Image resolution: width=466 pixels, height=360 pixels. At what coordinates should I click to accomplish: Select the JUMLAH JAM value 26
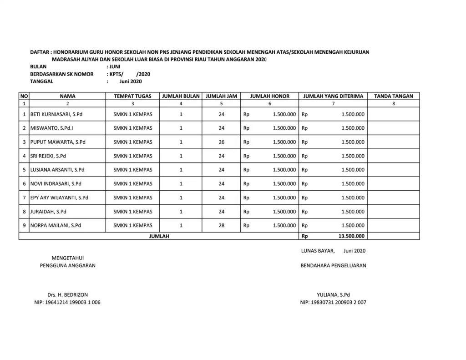coord(221,142)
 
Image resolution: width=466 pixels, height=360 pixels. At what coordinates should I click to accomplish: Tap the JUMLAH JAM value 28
coord(221,225)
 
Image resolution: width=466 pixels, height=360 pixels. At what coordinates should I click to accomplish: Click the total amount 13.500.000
coord(351,236)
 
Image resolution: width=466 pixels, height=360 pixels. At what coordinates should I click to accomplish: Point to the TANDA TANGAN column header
coord(393,96)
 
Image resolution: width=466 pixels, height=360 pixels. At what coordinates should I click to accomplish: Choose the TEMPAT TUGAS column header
coord(132,96)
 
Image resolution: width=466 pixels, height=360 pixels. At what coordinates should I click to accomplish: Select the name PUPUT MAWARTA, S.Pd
coord(58,142)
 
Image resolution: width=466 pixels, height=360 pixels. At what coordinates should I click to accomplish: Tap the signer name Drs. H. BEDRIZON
coord(67,295)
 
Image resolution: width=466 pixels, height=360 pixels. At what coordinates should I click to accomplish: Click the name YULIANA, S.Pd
coord(333,295)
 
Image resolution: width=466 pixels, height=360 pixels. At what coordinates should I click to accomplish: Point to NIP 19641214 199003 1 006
coord(67,303)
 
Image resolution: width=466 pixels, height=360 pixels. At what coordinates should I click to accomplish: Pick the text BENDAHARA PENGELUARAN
coord(333,266)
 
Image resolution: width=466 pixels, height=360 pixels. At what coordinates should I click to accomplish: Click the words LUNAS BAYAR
coord(318,251)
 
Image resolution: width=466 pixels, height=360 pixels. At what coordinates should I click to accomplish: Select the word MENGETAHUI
coord(67,258)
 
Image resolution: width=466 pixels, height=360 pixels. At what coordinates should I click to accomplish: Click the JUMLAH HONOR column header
coord(270,96)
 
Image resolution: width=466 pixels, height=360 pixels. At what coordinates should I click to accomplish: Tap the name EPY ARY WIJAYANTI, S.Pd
coord(59,198)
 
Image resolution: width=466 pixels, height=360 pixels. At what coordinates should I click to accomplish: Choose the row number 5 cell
coord(24,170)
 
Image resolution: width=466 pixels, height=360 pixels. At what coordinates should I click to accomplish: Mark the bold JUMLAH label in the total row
coord(159,236)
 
